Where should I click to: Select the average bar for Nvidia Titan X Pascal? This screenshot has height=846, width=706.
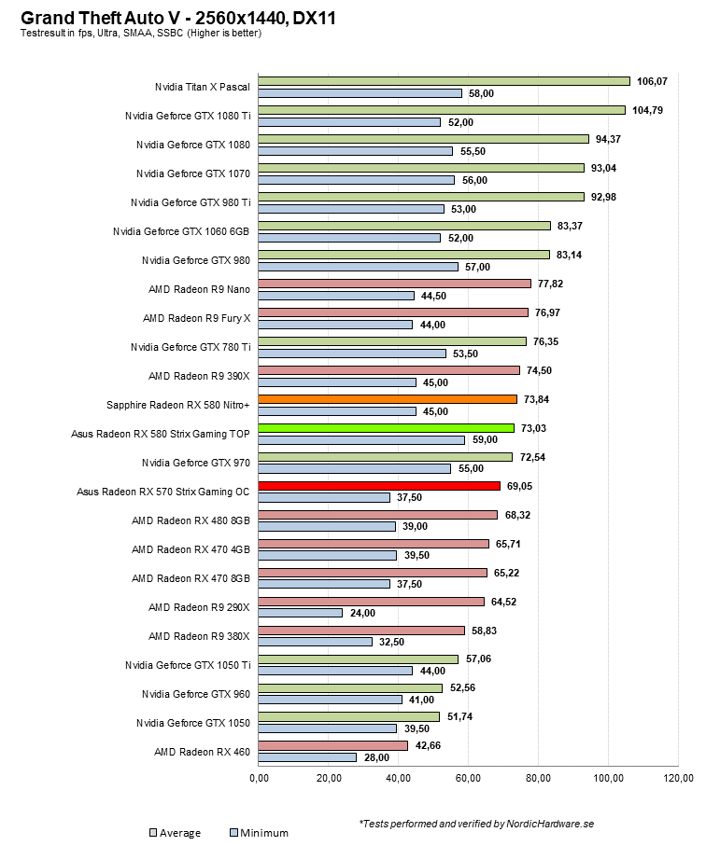(x=444, y=81)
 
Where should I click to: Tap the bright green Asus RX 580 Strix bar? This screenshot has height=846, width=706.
(x=386, y=428)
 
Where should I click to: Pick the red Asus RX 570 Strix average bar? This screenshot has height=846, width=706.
(x=379, y=486)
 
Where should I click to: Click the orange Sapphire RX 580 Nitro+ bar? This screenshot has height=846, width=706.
(x=387, y=399)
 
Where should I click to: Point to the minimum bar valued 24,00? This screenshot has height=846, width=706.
(x=300, y=613)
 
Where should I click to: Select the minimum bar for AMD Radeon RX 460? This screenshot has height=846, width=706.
(x=307, y=757)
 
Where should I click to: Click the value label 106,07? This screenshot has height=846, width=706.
(x=652, y=81)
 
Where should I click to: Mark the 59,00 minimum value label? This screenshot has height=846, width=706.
(x=487, y=440)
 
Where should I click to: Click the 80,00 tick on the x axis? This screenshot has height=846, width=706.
(x=539, y=778)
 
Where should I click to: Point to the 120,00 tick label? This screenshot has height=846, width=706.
(x=678, y=778)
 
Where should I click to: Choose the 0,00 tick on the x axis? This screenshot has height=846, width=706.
(x=259, y=778)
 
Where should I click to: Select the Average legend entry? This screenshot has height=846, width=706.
(x=175, y=832)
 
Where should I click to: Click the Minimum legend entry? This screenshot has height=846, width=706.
(x=258, y=832)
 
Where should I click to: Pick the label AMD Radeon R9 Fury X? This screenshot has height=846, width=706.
(x=196, y=318)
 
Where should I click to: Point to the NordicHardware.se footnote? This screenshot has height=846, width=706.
(x=476, y=824)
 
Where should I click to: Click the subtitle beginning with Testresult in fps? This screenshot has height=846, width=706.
(x=140, y=34)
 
